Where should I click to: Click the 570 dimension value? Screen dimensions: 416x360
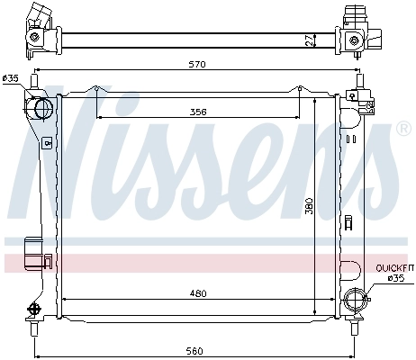197,64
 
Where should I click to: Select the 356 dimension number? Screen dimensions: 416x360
198,112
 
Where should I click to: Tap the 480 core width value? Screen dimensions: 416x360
198,293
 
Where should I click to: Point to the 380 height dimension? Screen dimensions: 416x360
309,206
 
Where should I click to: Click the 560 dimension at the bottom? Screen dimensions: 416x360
194,351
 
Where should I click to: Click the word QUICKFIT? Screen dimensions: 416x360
394,268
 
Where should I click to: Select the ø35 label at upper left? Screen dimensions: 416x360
11,78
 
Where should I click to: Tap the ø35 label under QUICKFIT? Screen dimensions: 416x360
396,278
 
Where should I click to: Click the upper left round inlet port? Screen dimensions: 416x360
43,108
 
